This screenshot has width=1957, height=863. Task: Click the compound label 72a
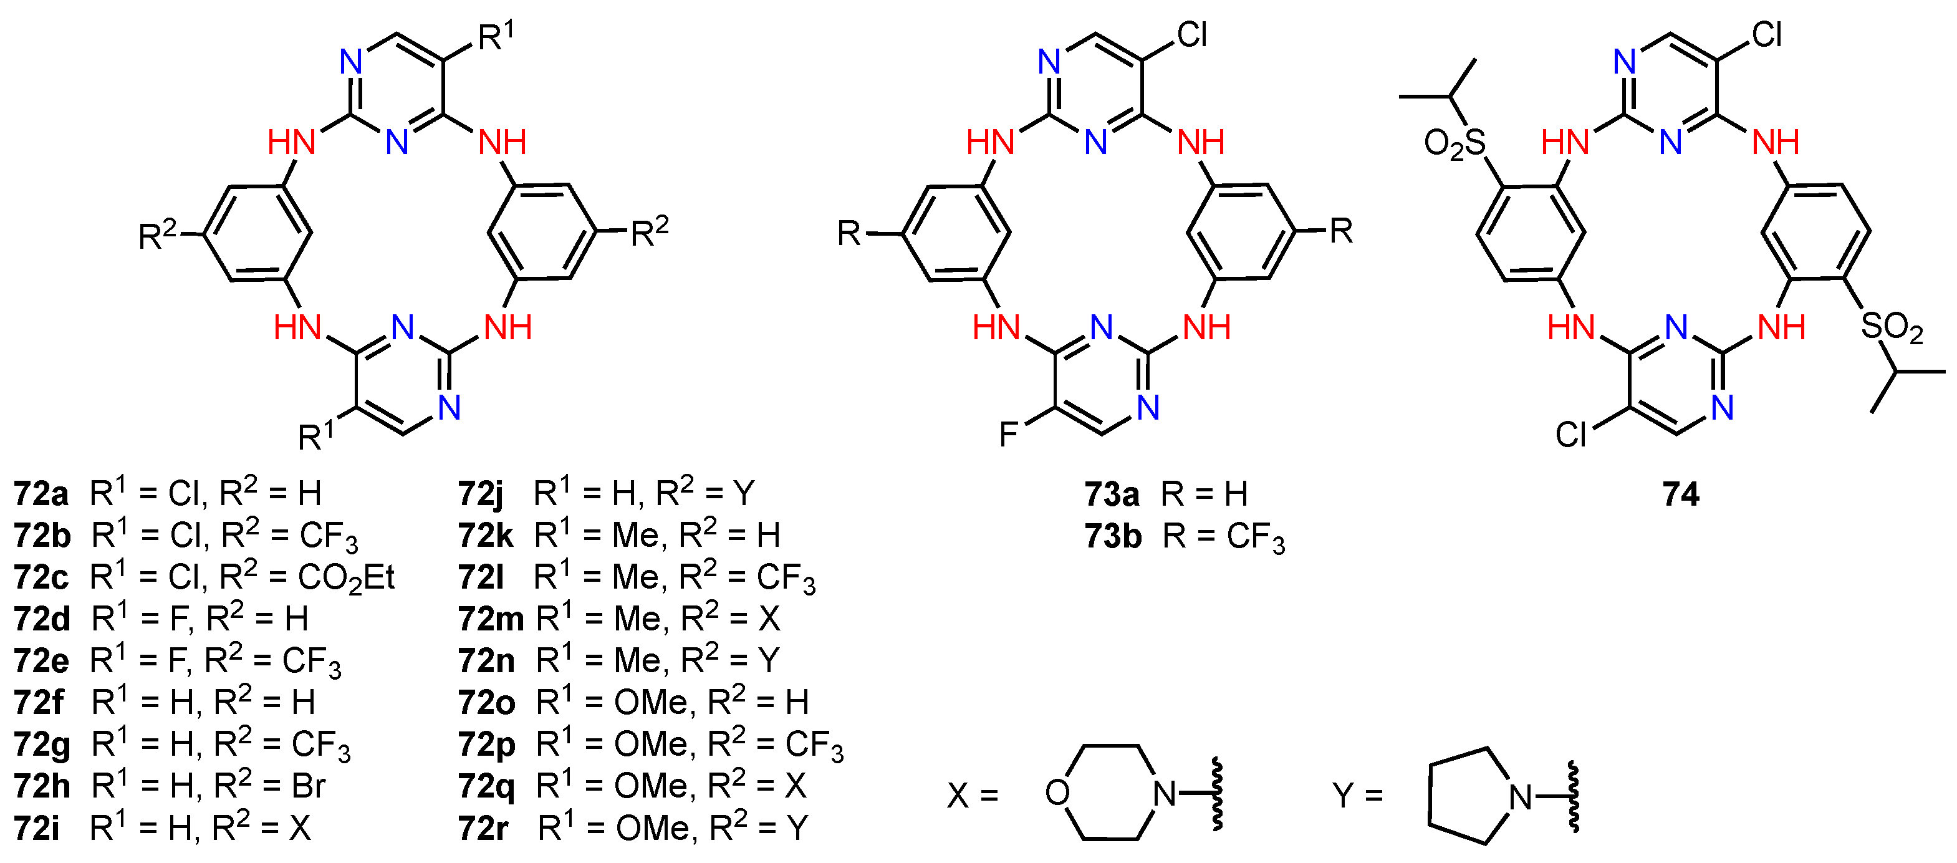(x=41, y=494)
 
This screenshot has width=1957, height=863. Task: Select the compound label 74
(x=1680, y=494)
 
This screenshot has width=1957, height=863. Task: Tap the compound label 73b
(x=1113, y=536)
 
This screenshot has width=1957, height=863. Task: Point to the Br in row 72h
(x=309, y=786)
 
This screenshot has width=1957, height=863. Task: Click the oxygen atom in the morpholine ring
(x=1057, y=793)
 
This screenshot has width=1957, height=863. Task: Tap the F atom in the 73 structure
(x=1008, y=435)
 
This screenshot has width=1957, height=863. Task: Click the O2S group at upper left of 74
(x=1454, y=143)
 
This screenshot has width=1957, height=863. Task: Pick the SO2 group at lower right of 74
(x=1892, y=327)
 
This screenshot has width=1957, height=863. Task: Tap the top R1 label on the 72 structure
(x=496, y=36)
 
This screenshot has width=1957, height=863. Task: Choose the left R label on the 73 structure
(x=849, y=233)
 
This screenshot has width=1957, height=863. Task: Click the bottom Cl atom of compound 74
(x=1570, y=435)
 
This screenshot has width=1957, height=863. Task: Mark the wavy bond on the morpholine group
(x=1217, y=793)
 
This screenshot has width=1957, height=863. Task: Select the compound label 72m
(x=491, y=620)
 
